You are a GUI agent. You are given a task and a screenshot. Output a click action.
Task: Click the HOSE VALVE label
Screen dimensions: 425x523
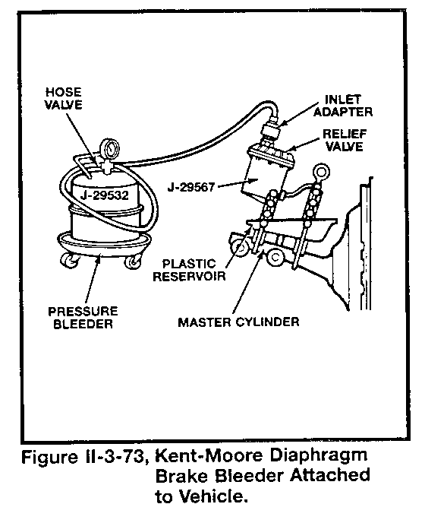(x=64, y=98)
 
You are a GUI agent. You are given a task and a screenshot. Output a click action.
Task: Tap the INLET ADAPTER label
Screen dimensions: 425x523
(x=343, y=106)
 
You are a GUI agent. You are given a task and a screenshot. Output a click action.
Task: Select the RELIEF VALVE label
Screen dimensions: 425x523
(x=345, y=140)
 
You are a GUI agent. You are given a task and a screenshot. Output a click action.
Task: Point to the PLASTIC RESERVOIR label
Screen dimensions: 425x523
(x=189, y=270)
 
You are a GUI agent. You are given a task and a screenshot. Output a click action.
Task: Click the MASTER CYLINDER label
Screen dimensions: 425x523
(x=238, y=322)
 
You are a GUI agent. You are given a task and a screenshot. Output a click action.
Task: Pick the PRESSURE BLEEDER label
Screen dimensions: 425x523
(x=83, y=317)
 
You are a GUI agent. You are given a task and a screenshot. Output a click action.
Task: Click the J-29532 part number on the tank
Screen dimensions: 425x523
(x=105, y=195)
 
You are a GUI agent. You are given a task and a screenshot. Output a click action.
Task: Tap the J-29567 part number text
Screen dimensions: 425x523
(x=191, y=187)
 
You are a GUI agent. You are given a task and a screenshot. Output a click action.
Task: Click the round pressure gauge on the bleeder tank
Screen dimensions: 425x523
(x=109, y=147)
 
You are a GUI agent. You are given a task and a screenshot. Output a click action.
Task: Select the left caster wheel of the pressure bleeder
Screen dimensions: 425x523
(x=69, y=260)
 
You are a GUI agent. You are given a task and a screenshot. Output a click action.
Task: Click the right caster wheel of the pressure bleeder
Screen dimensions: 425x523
(x=134, y=261)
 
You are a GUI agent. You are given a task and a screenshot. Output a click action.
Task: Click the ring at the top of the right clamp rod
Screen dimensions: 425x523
(x=322, y=172)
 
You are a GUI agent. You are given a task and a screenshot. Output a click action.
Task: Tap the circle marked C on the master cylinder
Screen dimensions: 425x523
(x=275, y=258)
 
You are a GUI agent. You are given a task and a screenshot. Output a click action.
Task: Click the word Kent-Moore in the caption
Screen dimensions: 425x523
(x=209, y=455)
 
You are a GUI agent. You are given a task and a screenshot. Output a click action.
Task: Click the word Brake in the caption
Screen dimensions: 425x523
(x=182, y=476)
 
